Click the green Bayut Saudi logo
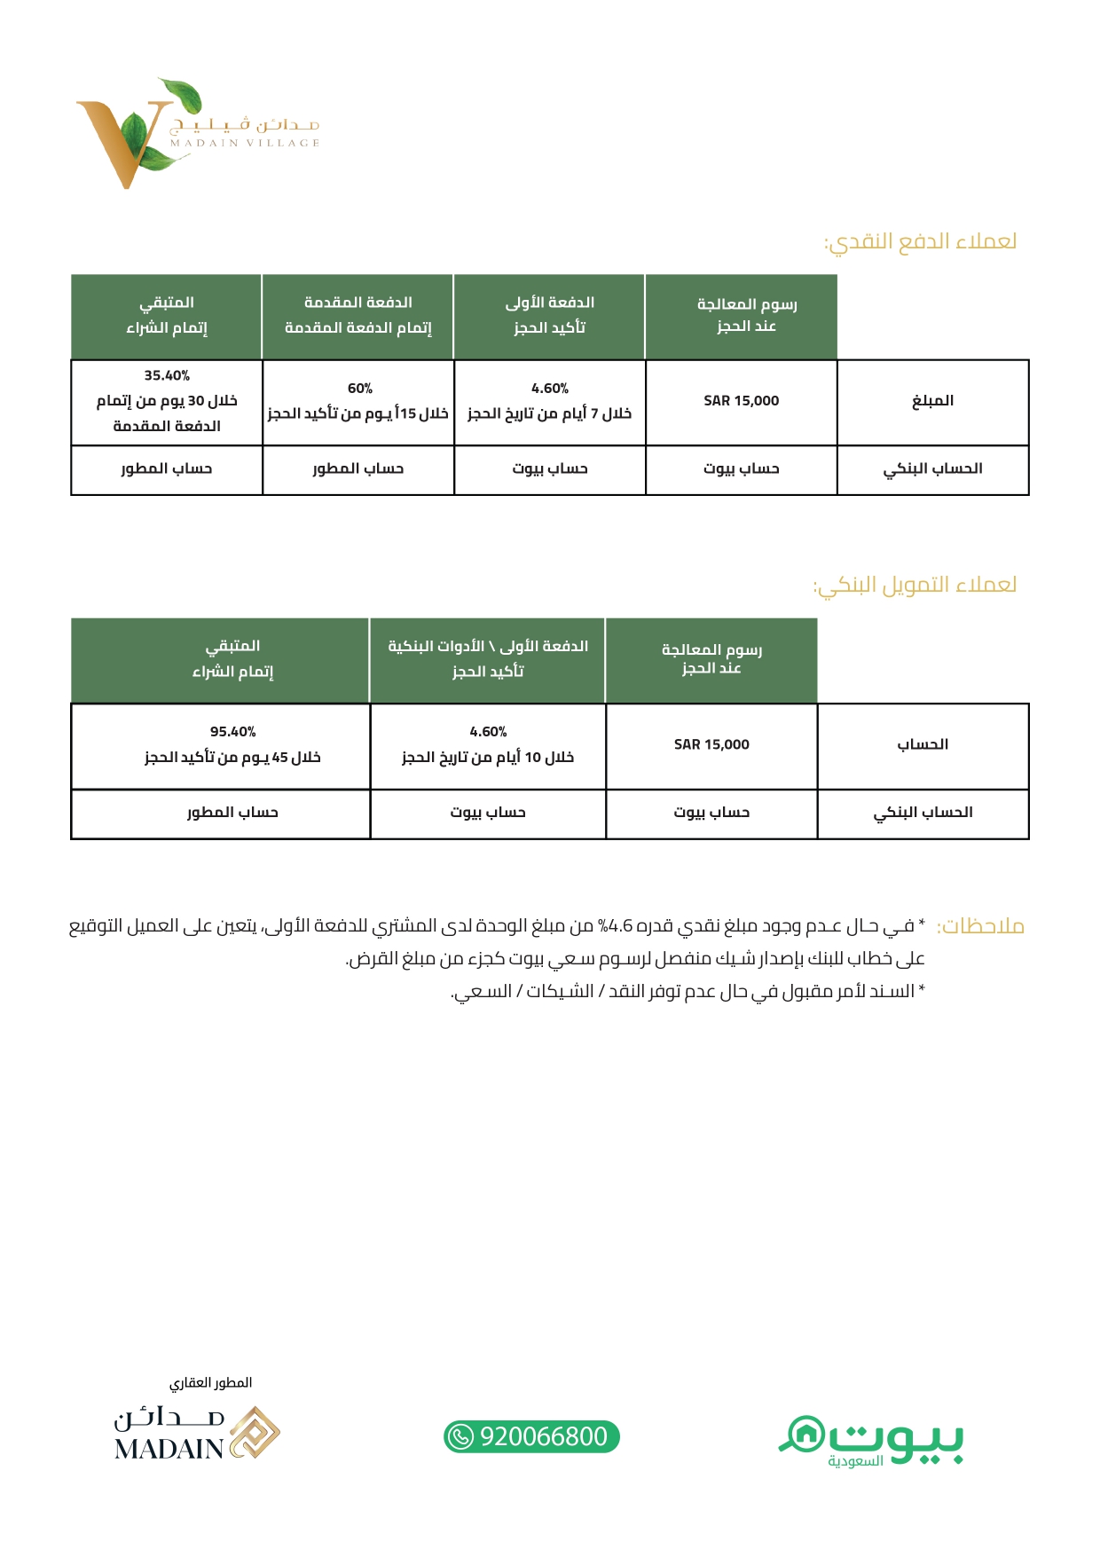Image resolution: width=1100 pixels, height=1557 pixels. [x=871, y=1441]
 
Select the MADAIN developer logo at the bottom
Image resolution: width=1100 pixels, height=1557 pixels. [x=197, y=1434]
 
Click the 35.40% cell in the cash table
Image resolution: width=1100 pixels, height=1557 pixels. [x=167, y=401]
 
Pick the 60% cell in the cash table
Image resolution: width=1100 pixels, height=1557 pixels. [x=358, y=401]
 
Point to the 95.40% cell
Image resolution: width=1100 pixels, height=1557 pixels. [x=232, y=744]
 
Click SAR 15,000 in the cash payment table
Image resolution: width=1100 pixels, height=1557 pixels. [x=741, y=401]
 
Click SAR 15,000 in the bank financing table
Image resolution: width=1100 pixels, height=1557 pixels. [x=711, y=744]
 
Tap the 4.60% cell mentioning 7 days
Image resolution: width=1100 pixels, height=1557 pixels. [x=549, y=401]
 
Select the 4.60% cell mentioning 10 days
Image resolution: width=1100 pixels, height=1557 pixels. [x=487, y=744]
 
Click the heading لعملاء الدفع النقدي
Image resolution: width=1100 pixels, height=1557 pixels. [x=920, y=241]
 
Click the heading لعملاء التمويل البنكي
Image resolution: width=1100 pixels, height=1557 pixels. [x=915, y=585]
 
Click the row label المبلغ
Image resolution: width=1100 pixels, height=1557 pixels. [x=932, y=401]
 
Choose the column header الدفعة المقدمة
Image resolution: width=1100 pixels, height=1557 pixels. [x=358, y=303]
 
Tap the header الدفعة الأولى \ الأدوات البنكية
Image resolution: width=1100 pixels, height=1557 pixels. [x=488, y=646]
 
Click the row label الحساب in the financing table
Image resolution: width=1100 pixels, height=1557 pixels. [x=923, y=744]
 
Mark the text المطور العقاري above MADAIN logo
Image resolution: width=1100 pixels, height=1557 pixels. [x=210, y=1382]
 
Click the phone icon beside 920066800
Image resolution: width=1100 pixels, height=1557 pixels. [x=460, y=1436]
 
